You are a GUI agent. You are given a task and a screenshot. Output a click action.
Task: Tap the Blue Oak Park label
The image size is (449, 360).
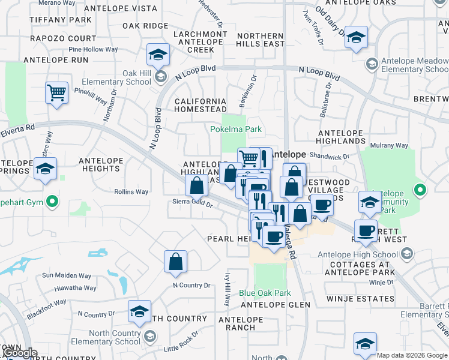tap(265, 293)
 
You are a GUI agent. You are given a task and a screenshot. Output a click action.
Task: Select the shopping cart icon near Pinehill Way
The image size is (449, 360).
tap(56, 94)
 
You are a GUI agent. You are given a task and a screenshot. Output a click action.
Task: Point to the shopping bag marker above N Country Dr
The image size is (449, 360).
tap(175, 262)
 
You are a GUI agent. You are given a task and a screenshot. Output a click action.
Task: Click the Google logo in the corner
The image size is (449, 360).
tap(20, 353)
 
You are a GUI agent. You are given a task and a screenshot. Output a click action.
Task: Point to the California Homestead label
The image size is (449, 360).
tap(200, 106)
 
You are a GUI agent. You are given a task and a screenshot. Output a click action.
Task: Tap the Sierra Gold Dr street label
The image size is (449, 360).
tap(193, 204)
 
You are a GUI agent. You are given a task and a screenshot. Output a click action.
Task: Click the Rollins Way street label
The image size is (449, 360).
tap(131, 192)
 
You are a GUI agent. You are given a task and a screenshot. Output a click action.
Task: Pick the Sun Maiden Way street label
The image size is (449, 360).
tap(67, 275)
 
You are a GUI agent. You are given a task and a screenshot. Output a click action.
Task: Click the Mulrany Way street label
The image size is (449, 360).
tap(390, 145)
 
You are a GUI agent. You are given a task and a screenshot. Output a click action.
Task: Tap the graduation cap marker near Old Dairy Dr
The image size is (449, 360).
tap(356, 38)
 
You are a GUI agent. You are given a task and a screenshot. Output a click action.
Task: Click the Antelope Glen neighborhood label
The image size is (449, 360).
tap(274, 305)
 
